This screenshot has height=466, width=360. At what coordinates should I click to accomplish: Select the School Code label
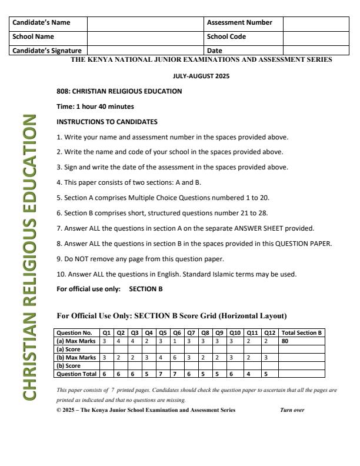click(226, 36)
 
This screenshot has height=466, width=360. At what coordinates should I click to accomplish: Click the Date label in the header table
click(215, 51)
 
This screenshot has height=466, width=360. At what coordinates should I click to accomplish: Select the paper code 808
click(62, 91)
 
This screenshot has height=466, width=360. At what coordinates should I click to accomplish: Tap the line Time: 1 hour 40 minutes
click(95, 106)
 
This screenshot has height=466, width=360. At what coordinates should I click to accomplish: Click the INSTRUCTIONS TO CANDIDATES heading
click(107, 122)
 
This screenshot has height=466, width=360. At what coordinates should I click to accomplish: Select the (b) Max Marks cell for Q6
click(175, 357)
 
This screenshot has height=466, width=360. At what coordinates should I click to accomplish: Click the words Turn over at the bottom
click(292, 410)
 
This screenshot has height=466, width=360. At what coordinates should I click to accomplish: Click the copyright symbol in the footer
click(59, 410)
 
